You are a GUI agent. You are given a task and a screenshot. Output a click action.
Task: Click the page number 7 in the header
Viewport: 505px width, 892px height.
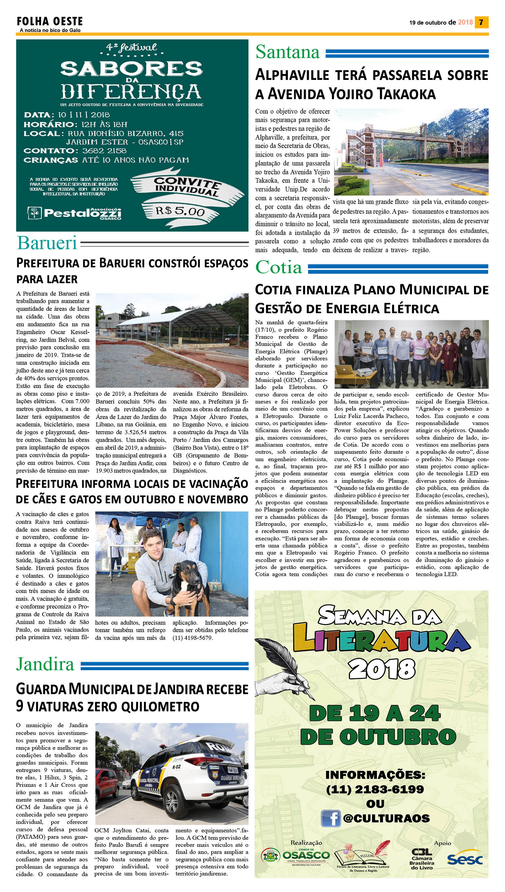(x=481, y=23)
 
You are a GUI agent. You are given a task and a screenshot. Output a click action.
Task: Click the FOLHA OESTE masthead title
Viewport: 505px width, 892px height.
(x=50, y=22)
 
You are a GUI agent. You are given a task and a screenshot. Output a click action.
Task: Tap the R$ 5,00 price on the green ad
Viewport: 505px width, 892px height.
(x=180, y=210)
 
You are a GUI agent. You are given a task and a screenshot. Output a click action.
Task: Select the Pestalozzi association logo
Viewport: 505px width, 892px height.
(x=75, y=213)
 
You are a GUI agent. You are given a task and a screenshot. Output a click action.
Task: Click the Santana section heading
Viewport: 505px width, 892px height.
(x=288, y=52)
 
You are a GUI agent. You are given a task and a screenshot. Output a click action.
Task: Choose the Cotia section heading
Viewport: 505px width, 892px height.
(x=279, y=267)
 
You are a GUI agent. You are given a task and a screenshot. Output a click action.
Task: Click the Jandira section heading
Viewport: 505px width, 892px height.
(x=45, y=664)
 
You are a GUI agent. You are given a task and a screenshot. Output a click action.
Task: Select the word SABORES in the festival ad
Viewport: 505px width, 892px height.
(x=131, y=69)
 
